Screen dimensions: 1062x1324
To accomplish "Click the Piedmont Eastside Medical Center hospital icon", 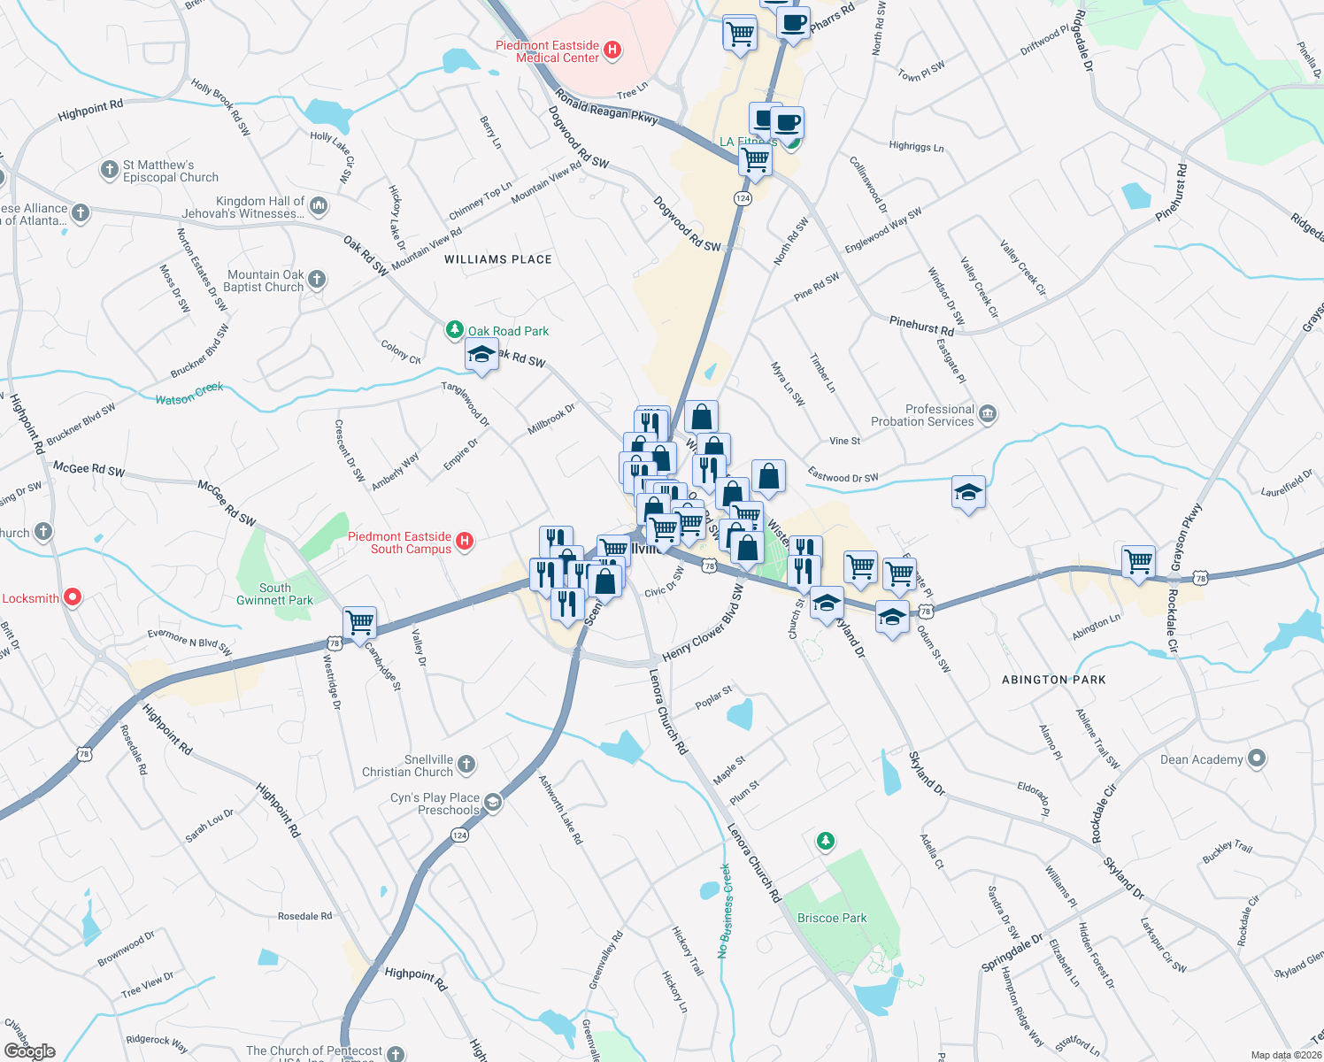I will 612,51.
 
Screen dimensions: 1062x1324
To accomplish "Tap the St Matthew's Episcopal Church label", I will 170,171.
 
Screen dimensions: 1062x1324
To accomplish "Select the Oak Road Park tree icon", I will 455,330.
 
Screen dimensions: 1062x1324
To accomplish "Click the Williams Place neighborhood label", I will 497,259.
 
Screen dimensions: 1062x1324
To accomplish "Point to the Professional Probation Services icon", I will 988,414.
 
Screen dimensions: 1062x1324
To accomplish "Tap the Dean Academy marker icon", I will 1257,758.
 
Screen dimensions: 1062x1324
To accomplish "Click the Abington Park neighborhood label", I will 1053,680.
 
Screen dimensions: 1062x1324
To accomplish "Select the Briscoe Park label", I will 832,918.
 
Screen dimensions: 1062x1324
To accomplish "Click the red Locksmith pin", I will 73,597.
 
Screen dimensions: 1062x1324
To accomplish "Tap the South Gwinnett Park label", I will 274,594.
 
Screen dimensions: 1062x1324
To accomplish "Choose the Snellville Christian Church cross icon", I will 466,765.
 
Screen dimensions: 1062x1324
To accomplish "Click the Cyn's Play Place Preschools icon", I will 493,803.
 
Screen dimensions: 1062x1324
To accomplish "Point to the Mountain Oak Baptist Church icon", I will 317,280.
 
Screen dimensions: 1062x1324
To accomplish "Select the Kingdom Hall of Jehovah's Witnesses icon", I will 319,206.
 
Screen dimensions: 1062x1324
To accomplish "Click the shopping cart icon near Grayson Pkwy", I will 1137,561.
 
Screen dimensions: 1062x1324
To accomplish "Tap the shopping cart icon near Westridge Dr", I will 359,621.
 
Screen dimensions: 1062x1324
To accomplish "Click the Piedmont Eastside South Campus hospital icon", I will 465,542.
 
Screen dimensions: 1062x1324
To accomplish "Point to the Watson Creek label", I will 189,394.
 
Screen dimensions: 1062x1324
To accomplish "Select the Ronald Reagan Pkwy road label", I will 606,104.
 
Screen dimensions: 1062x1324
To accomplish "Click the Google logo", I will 30,1050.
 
